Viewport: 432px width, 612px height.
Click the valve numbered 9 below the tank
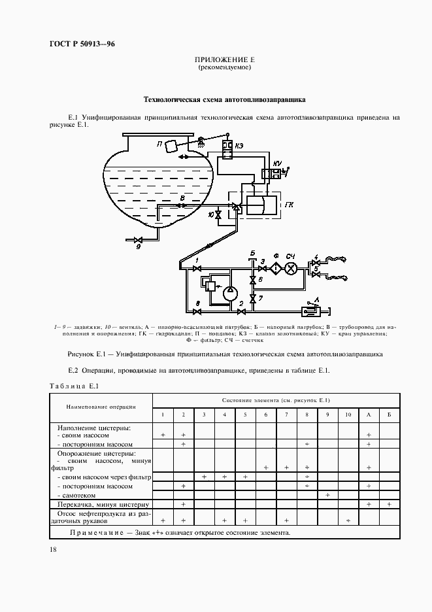tap(138, 240)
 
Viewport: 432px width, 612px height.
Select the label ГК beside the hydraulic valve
tap(289, 205)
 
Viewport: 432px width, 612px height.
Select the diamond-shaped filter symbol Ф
tap(276, 267)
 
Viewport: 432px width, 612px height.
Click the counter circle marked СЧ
tap(292, 267)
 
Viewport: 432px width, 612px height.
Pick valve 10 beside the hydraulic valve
tap(219, 214)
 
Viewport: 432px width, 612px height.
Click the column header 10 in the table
tap(348, 415)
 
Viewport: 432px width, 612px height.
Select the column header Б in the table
tap(389, 415)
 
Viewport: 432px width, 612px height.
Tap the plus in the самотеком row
tap(327, 495)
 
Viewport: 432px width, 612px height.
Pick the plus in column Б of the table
tap(389, 504)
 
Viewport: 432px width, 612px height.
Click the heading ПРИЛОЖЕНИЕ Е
tap(224, 60)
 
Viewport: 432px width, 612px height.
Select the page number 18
tap(53, 551)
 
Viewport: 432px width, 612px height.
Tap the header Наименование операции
tap(101, 406)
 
